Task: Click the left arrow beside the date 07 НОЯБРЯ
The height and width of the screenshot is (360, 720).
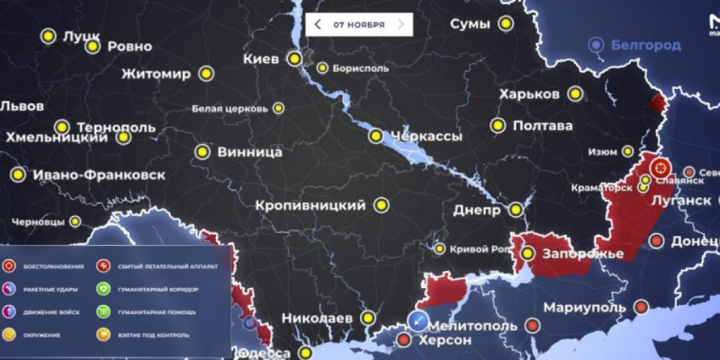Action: [x=318, y=25]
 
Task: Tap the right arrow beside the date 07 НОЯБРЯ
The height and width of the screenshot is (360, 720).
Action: [x=401, y=25]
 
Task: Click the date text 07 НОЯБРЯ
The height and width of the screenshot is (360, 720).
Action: [x=359, y=25]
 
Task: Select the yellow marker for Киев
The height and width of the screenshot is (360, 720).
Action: [x=294, y=58]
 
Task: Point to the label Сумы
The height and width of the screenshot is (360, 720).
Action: [x=469, y=24]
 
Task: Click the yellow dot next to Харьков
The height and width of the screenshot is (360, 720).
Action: [x=576, y=94]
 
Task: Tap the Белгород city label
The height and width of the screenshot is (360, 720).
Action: [x=646, y=45]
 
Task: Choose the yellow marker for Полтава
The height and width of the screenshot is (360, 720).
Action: [x=498, y=126]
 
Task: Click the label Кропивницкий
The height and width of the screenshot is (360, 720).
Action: [x=311, y=205]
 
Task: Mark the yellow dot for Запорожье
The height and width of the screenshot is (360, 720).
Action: [x=527, y=253]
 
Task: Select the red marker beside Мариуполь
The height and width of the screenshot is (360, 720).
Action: [x=641, y=307]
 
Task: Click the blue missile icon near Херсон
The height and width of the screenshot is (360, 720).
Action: [x=418, y=319]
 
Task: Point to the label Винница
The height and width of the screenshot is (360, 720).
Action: [x=250, y=153]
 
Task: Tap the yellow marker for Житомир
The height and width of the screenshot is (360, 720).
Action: [x=207, y=74]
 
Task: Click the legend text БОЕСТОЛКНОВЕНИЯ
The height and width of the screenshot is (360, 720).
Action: [x=55, y=267]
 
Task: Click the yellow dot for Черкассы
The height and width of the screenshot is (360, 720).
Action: [x=375, y=136]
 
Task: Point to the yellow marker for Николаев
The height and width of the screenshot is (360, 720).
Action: [x=368, y=318]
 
